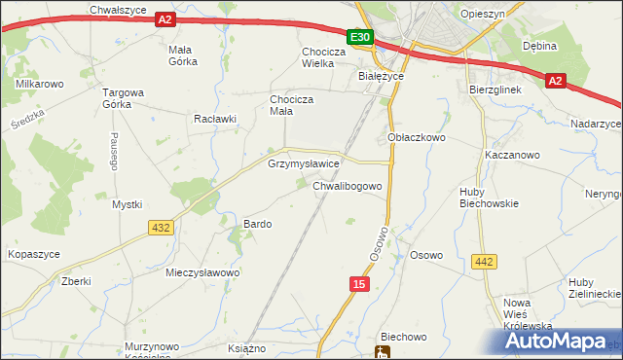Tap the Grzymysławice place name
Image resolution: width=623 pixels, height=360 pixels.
(x=304, y=164)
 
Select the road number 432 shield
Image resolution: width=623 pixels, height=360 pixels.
(x=162, y=227)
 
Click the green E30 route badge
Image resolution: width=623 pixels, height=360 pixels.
(x=360, y=37)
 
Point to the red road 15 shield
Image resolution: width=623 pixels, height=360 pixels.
(x=359, y=282)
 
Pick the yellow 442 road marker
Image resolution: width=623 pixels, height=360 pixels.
(x=484, y=261)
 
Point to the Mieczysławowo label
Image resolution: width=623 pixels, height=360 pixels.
(x=202, y=273)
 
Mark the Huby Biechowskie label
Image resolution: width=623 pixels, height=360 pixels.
(x=488, y=198)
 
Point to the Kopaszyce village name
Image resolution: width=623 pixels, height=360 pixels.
(x=34, y=253)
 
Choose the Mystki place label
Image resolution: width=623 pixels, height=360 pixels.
(x=127, y=204)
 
